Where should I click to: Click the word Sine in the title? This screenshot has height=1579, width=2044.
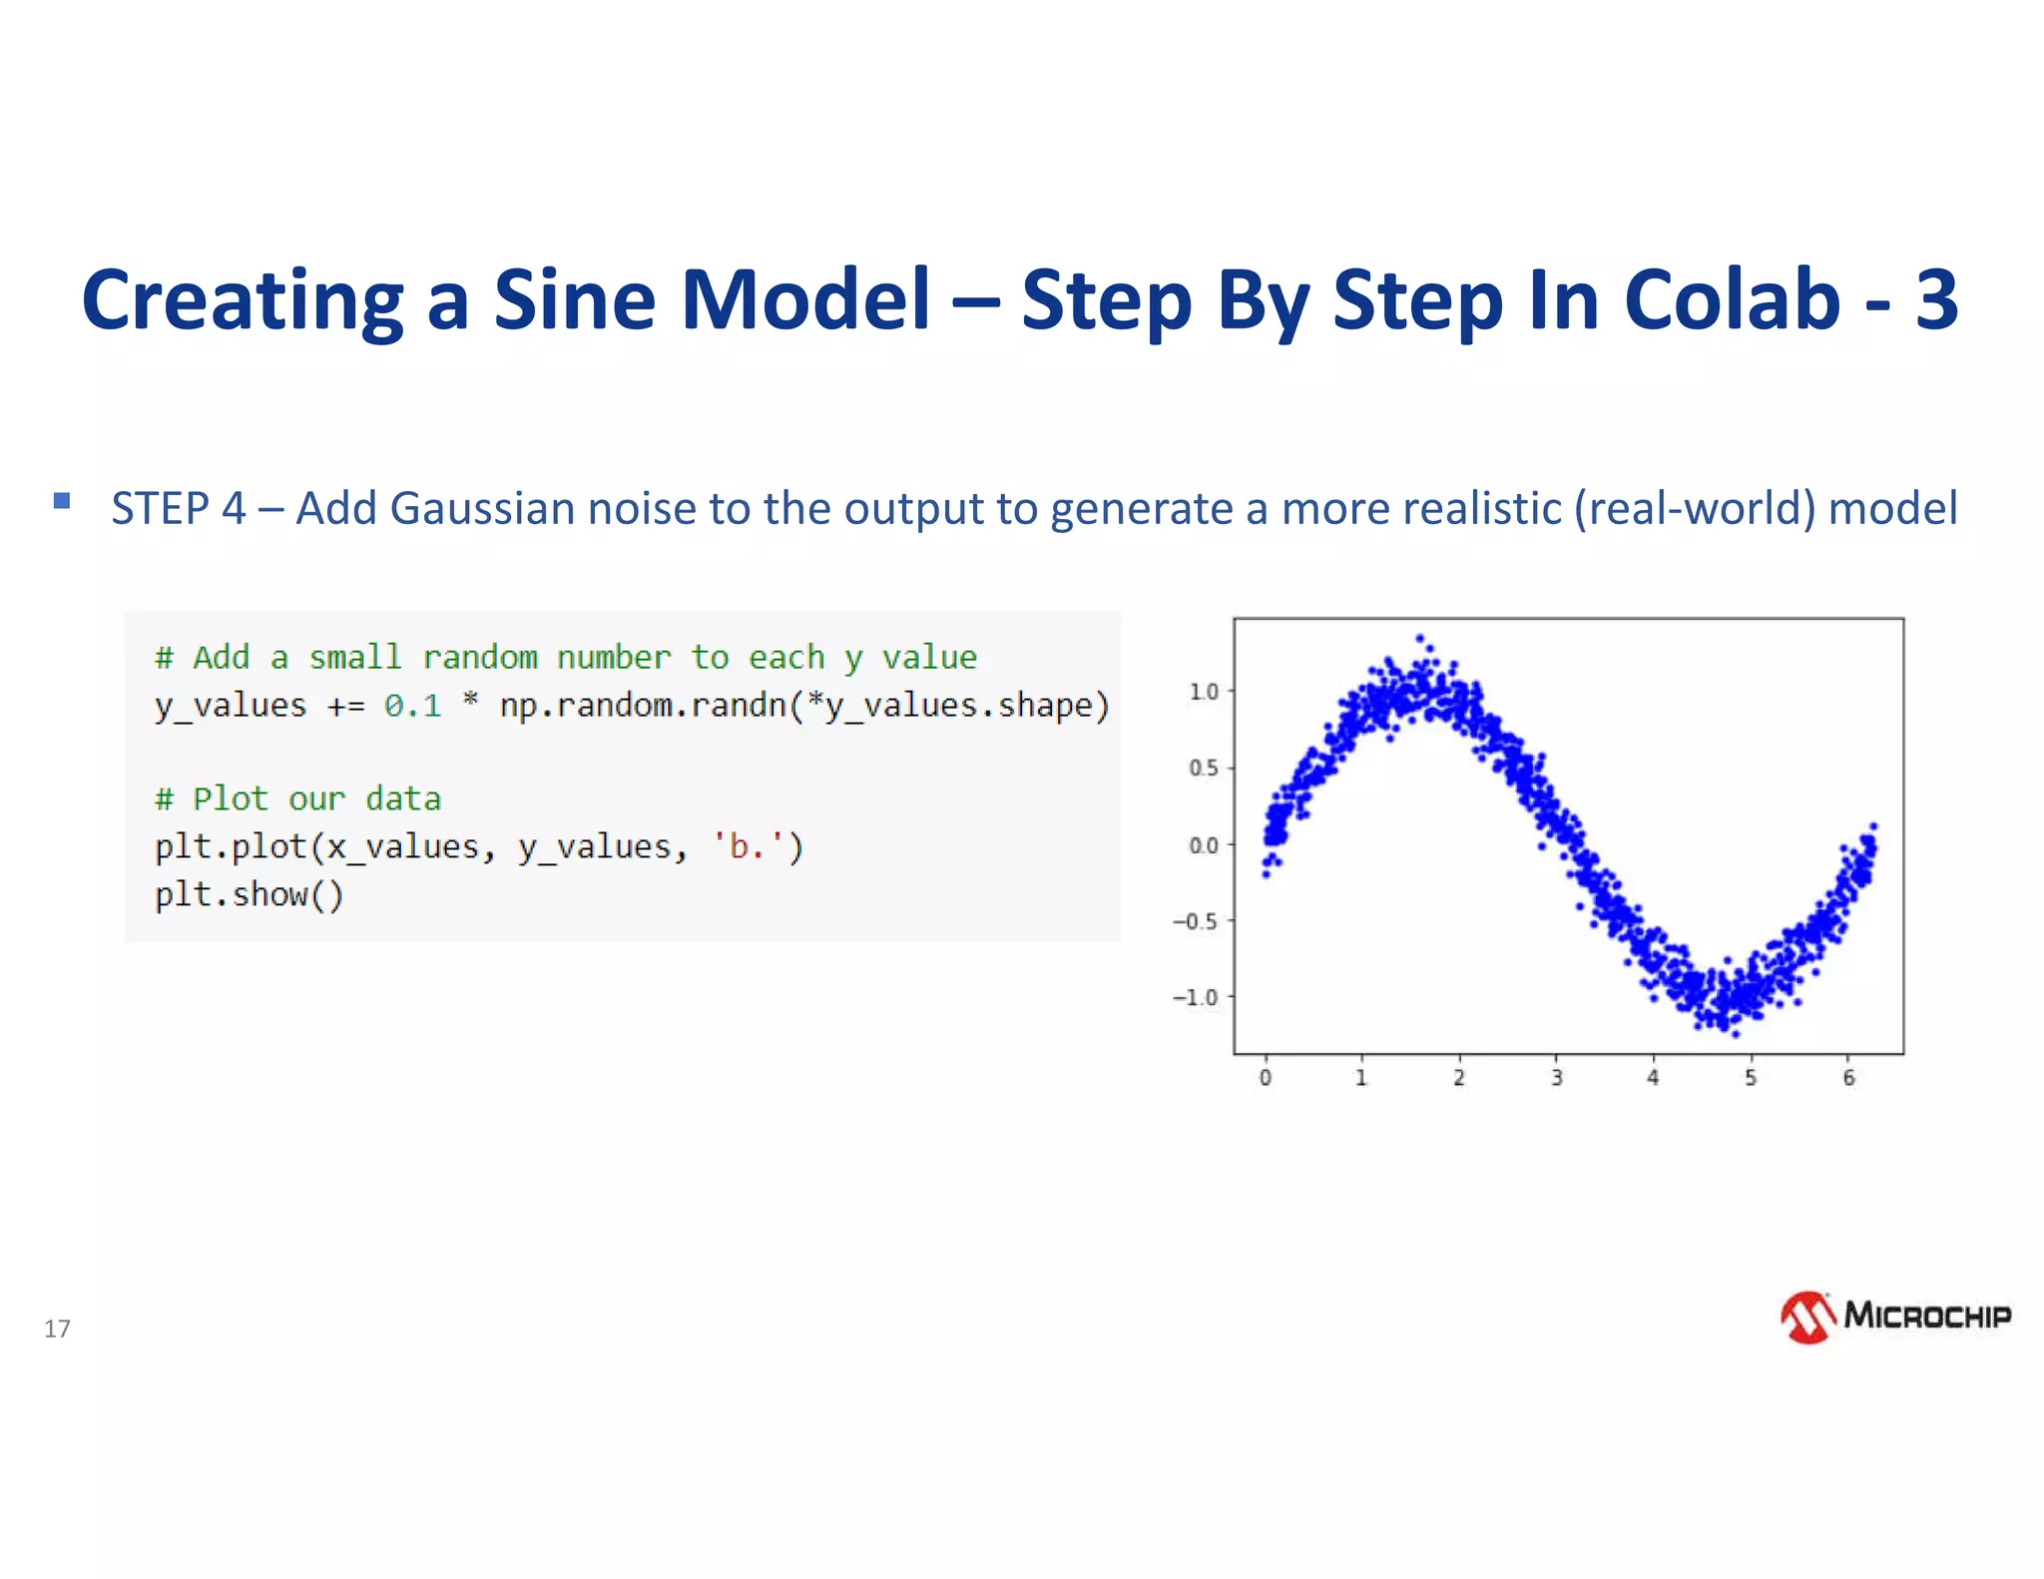574,299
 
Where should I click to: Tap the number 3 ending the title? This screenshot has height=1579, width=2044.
1935,299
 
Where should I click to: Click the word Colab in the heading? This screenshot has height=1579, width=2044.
1732,299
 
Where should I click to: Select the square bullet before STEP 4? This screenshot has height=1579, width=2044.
62,501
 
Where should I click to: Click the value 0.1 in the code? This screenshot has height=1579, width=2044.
412,706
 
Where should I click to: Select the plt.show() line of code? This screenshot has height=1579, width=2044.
249,894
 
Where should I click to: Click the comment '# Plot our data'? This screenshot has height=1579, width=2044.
297,798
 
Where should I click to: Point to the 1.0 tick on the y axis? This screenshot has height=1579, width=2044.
1204,691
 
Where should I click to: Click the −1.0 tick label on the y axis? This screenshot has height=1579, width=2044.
1196,997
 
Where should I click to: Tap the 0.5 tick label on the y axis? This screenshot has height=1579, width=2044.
1204,768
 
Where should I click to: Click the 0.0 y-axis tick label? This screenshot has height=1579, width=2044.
1204,845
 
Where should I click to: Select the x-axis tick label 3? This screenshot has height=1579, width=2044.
1556,1078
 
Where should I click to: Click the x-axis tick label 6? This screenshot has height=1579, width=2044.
1848,1078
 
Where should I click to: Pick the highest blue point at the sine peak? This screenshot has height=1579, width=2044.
1419,639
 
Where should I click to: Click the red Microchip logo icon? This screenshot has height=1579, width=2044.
1807,1317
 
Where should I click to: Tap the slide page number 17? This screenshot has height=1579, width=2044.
57,1328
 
